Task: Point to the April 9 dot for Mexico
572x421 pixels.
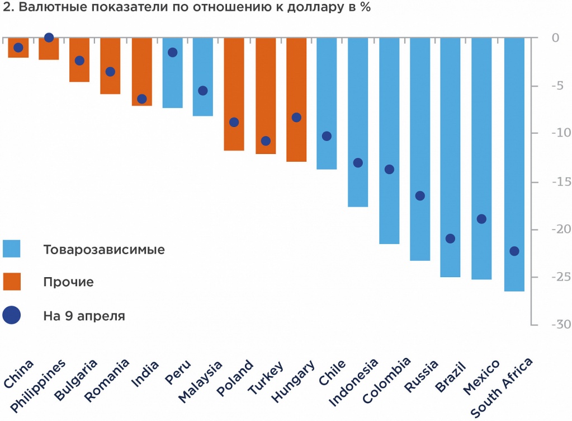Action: pyautogui.click(x=481, y=219)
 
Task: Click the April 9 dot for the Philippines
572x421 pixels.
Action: pyautogui.click(x=49, y=38)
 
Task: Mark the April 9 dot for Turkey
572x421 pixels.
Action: pyautogui.click(x=266, y=141)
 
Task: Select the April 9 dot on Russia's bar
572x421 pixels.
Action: pyautogui.click(x=420, y=196)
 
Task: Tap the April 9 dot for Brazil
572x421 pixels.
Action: pyautogui.click(x=450, y=238)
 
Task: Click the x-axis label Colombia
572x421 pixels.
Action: pyautogui.click(x=387, y=381)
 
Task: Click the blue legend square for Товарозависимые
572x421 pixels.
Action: pyautogui.click(x=11, y=249)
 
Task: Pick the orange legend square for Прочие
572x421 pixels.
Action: pyautogui.click(x=11, y=282)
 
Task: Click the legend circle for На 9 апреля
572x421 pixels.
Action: pyautogui.click(x=11, y=316)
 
